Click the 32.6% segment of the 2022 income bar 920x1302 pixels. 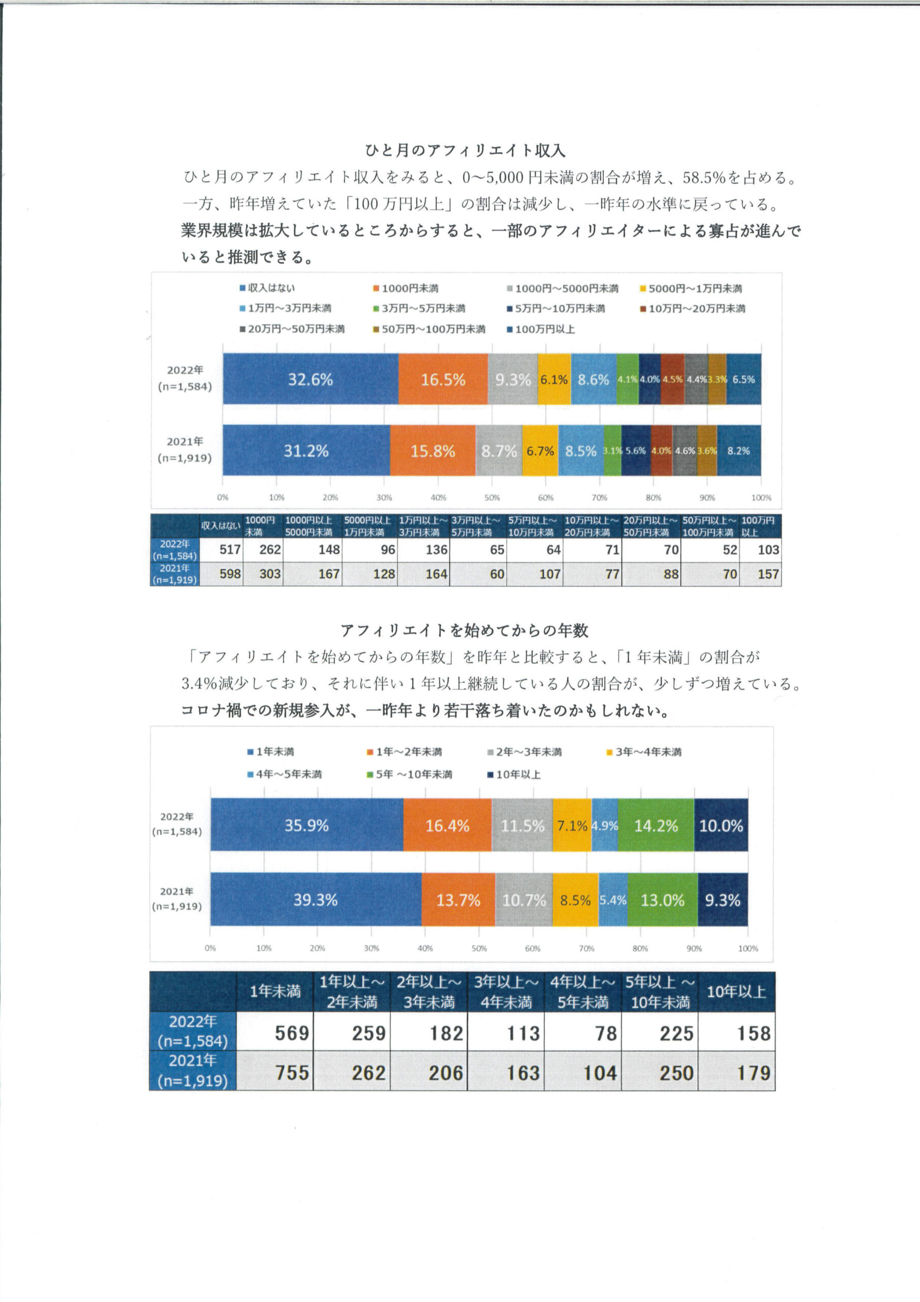[x=310, y=379]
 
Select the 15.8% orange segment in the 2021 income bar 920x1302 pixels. [x=433, y=451]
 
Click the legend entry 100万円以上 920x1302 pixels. [x=543, y=329]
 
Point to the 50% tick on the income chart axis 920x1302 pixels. [x=492, y=497]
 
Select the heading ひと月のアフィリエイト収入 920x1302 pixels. [x=465, y=150]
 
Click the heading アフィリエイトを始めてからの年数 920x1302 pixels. [x=464, y=631]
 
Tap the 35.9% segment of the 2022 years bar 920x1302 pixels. [x=306, y=825]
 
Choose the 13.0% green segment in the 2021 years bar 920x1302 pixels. [x=662, y=900]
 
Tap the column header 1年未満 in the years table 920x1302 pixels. [x=275, y=991]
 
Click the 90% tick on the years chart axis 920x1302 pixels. [x=694, y=948]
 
